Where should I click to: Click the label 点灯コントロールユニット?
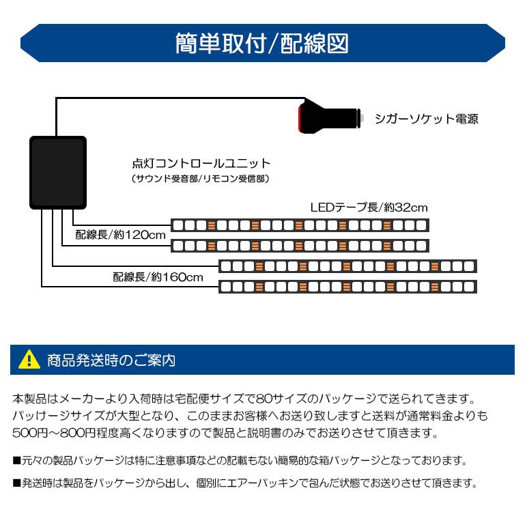[x=201, y=164]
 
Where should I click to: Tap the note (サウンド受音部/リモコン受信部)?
[x=201, y=179]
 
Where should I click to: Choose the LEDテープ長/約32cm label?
[x=369, y=208]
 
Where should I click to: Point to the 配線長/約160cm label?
[x=158, y=277]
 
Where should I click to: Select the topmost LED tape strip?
[x=300, y=225]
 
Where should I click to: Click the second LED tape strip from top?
[x=300, y=245]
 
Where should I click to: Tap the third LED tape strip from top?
[x=346, y=266]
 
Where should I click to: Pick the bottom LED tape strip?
[x=346, y=286]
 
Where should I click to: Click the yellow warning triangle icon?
[x=29, y=359]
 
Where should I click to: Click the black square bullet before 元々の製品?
[x=17, y=461]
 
